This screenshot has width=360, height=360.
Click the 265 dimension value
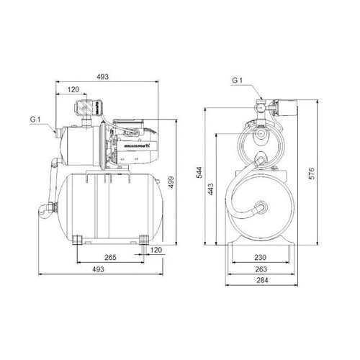pyautogui.click(x=110, y=256)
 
